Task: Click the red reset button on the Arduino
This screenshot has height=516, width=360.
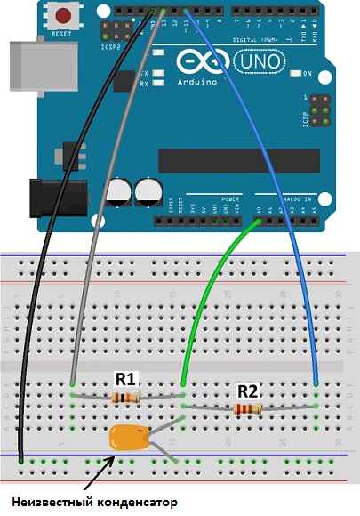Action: pyautogui.click(x=64, y=15)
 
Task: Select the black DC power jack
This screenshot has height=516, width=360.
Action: pyautogui.click(x=55, y=197)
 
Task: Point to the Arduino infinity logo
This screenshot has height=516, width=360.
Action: pyautogui.click(x=196, y=62)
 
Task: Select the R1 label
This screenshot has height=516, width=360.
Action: pyautogui.click(x=125, y=379)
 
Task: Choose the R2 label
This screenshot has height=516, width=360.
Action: pyautogui.click(x=247, y=390)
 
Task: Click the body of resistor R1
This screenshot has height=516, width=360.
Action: pyautogui.click(x=124, y=398)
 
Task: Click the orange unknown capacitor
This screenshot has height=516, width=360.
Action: pyautogui.click(x=129, y=438)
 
